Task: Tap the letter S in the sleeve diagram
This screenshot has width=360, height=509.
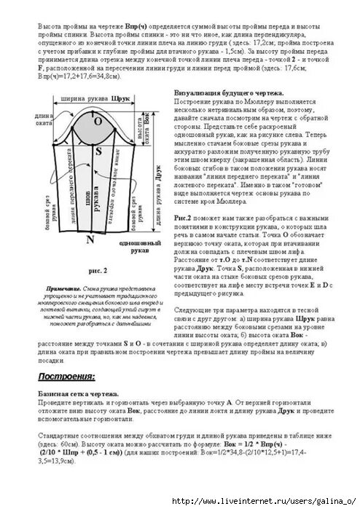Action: click(x=97, y=151)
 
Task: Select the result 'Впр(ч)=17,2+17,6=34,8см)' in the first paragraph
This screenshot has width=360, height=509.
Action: click(x=69, y=76)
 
